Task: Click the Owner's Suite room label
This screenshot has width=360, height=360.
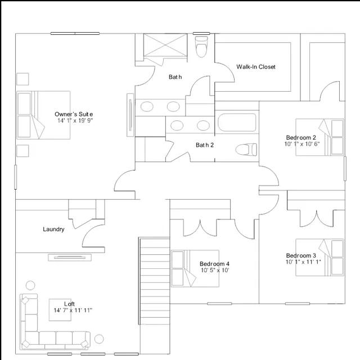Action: coord(74,114)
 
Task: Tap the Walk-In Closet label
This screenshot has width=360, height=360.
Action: coord(256,67)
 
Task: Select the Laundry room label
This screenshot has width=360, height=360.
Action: coord(53,229)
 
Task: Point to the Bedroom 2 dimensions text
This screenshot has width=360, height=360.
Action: coord(301,144)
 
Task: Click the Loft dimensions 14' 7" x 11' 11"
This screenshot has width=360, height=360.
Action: coord(73,310)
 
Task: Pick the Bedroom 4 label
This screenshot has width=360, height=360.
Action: coord(214,264)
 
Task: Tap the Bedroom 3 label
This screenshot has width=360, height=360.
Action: coord(301,255)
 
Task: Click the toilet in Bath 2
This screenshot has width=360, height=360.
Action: coord(246,150)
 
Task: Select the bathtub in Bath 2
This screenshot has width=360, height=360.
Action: coord(237,123)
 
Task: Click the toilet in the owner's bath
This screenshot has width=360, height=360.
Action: coord(201,47)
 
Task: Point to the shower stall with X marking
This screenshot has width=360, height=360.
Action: coord(165,45)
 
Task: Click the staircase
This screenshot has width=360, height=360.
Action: coord(155,281)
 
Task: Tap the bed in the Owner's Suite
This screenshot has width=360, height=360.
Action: coord(43,115)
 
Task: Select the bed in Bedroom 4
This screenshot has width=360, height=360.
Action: coord(195,268)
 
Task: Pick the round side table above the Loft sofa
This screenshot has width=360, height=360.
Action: coord(30,286)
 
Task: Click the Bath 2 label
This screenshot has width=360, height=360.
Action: coord(205,145)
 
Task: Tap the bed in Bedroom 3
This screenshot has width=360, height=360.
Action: coord(320,258)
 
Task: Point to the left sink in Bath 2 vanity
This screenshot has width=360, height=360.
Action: coord(177,125)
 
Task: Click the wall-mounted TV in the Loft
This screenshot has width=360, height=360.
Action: coord(70,258)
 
